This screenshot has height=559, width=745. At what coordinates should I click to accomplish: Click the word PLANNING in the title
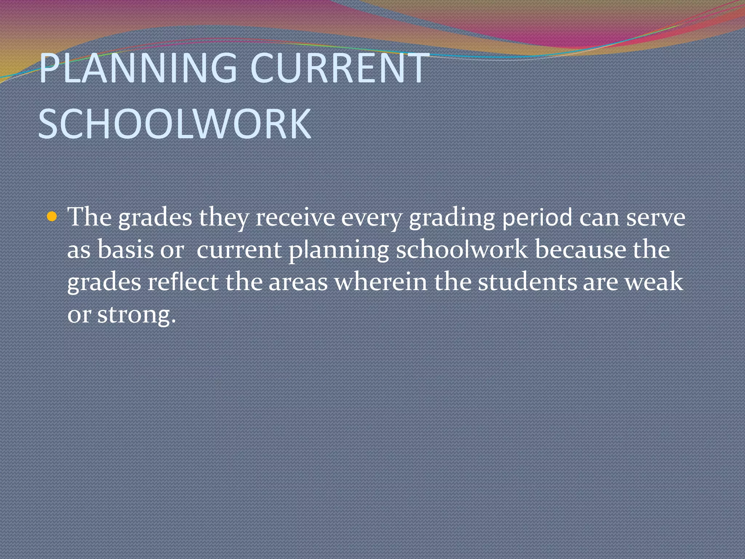coord(138,68)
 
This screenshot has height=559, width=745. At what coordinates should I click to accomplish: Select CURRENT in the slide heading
coord(340,68)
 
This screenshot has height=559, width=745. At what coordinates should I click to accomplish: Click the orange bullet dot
coord(52,217)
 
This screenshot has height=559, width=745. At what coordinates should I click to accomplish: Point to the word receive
coord(295,218)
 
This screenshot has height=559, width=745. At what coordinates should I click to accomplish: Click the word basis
coord(126,250)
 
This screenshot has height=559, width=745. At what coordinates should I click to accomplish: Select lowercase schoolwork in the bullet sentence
coord(462,250)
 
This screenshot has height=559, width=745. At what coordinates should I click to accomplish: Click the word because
coord(581,250)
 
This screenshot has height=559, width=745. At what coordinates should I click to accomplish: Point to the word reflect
coord(183,282)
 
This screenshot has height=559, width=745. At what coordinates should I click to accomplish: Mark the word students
coord(527,282)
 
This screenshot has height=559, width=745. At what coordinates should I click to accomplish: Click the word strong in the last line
coord(136,315)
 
